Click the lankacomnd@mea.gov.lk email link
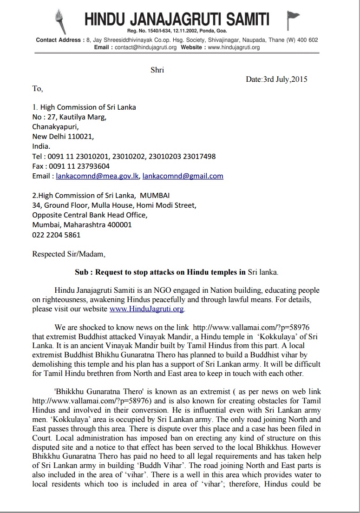[x=98, y=176]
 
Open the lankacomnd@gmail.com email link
[x=183, y=176]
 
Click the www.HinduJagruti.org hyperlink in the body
[x=147, y=309]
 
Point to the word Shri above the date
[x=157, y=70]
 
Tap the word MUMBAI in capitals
[x=151, y=196]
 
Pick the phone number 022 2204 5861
[x=56, y=235]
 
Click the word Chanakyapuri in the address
[x=55, y=126]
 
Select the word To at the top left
[x=37, y=88]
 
